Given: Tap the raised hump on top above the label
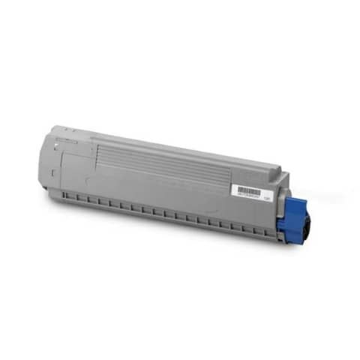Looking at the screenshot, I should click(259, 170).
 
